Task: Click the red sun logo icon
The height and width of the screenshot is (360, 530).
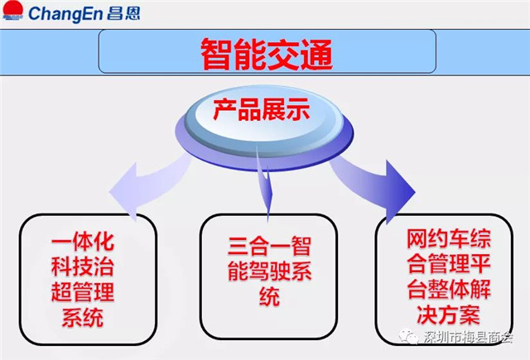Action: pyautogui.click(x=13, y=10)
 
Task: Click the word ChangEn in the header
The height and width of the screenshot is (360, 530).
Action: pyautogui.click(x=66, y=13)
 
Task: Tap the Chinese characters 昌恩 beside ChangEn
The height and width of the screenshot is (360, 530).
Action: pyautogui.click(x=123, y=13)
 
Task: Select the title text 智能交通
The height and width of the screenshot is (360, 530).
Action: pyautogui.click(x=267, y=54)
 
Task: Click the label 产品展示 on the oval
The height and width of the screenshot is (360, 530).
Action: pyautogui.click(x=262, y=109)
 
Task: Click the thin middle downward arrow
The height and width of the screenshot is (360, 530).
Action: pyautogui.click(x=263, y=182)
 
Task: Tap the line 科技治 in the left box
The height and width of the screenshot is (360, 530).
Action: pyautogui.click(x=83, y=266)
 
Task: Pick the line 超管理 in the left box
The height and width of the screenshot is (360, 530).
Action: pyautogui.click(x=83, y=292)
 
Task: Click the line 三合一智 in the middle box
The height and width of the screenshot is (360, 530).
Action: pyautogui.click(x=269, y=247)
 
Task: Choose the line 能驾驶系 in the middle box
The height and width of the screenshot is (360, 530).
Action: pyautogui.click(x=269, y=271)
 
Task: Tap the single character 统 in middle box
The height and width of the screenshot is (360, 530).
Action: pyautogui.click(x=269, y=296)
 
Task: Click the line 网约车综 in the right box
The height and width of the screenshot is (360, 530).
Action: pyautogui.click(x=449, y=239)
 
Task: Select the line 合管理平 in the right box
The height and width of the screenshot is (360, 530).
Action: pyautogui.click(x=449, y=264)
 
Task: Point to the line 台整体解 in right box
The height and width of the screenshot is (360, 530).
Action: pyautogui.click(x=449, y=290)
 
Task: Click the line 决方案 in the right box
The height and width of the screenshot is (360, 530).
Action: pyautogui.click(x=449, y=314)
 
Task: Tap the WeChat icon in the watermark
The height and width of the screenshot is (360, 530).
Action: pyautogui.click(x=408, y=336)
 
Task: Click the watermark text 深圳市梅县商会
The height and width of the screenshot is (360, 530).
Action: pyautogui.click(x=468, y=337)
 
